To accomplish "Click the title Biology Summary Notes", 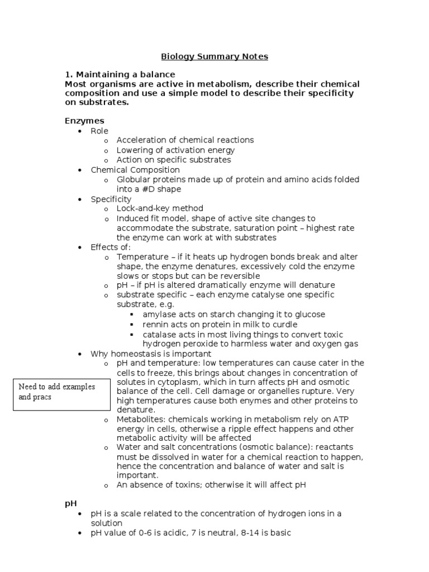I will tap(214, 56).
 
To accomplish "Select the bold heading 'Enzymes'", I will tap(84, 121).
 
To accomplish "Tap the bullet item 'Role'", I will tap(99, 131).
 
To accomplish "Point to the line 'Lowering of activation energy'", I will tap(175, 150).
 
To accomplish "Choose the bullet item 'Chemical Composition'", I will tap(135, 170).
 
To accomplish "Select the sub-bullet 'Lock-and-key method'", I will tap(160, 209).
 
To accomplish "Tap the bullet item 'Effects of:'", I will tap(111, 247).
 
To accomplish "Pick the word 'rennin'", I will tap(155, 325).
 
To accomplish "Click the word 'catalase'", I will tap(159, 334).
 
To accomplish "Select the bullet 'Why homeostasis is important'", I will tap(151, 354).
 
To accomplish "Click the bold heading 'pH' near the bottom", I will tap(70, 503).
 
